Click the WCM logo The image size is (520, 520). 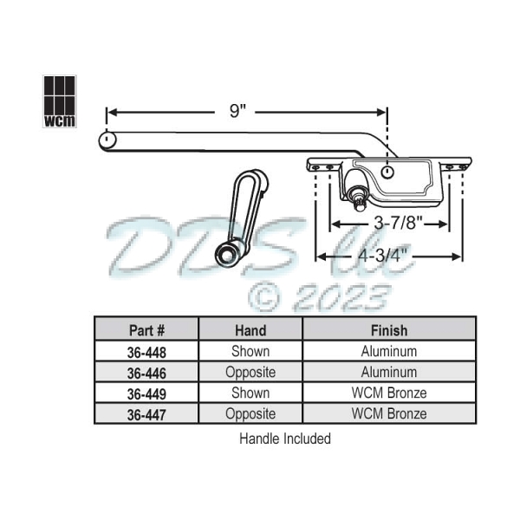[59, 101]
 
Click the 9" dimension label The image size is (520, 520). [236, 111]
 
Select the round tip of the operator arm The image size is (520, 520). [105, 139]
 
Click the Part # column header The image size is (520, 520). [146, 330]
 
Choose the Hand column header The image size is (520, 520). [250, 330]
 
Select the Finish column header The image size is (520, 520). [389, 330]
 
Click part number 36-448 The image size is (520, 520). [146, 352]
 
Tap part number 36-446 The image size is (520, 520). [146, 373]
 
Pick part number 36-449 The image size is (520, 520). [146, 393]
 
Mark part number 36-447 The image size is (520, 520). [146, 414]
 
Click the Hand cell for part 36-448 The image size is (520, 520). [250, 352]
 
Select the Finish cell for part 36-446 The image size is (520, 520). [389, 373]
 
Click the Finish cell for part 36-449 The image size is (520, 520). [389, 393]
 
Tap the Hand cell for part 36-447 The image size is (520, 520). [250, 414]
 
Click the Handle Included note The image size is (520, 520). [285, 439]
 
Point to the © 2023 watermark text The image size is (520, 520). [317, 297]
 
